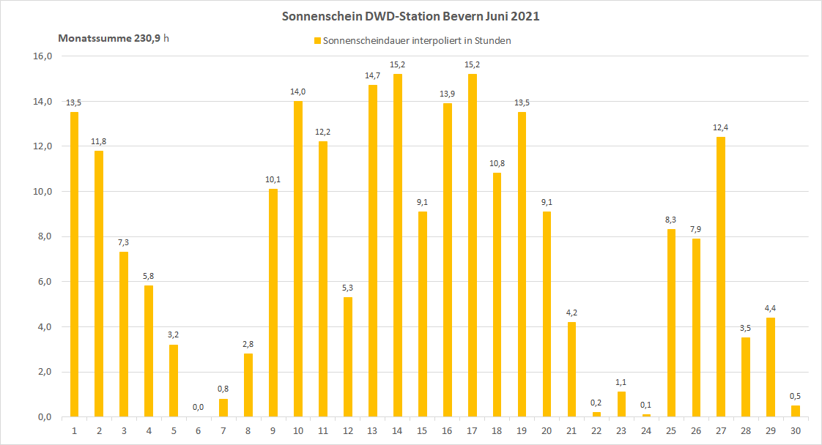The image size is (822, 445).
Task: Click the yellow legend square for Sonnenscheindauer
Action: click(x=317, y=41)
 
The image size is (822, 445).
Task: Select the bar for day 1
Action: click(x=74, y=264)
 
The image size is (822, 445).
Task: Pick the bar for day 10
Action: click(x=297, y=258)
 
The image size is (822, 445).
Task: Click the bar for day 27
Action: click(x=720, y=277)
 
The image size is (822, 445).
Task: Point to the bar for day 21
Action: click(x=571, y=369)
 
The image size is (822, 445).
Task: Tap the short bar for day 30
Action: click(x=795, y=411)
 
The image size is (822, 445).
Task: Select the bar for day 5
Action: click(x=174, y=381)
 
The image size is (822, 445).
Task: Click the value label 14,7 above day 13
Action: click(x=372, y=75)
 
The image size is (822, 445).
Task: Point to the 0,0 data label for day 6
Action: click(x=198, y=408)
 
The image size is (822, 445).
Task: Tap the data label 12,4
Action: click(x=720, y=128)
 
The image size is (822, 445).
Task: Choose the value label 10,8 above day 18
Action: click(x=497, y=163)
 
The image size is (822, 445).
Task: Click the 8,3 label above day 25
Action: click(x=670, y=220)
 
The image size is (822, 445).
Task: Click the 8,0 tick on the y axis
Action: click(x=42, y=236)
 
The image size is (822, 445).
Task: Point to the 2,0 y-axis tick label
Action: click(x=42, y=372)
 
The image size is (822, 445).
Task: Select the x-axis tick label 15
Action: click(x=421, y=430)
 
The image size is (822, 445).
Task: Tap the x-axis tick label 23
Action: click(x=621, y=430)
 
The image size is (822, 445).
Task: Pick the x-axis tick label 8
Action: click(x=248, y=430)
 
